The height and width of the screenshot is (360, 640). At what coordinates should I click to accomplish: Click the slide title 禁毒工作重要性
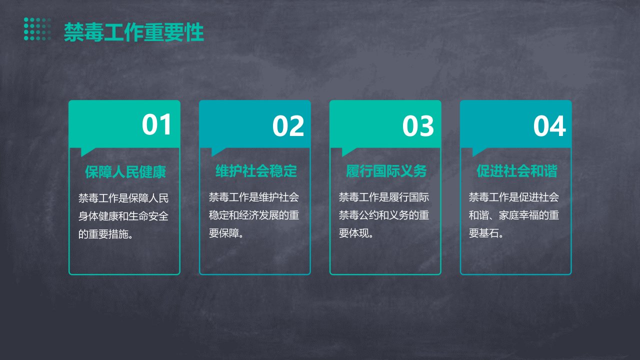pos(133,32)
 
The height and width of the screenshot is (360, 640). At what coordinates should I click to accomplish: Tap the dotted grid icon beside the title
pos(37,29)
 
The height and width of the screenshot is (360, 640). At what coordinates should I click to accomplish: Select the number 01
pos(156,124)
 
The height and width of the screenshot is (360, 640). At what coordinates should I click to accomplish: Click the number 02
pos(288,125)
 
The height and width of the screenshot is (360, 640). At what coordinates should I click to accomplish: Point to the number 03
pos(418,125)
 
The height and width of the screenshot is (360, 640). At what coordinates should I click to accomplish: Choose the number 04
pos(549,125)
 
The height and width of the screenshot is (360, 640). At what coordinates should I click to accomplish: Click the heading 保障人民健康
pos(125,171)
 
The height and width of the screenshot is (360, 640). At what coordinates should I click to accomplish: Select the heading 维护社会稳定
pos(256,171)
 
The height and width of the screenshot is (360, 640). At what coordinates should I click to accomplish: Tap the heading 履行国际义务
pos(386,171)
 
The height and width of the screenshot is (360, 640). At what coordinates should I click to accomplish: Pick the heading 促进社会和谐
pos(517,171)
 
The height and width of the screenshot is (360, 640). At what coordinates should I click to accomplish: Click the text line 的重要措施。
pos(105,234)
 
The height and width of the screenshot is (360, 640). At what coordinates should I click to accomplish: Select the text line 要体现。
pos(356,233)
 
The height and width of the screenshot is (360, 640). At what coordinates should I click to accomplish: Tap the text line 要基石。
pos(486,233)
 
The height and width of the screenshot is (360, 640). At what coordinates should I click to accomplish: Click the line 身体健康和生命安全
pos(123,216)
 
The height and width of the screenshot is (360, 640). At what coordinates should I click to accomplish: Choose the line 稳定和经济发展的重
pos(253,215)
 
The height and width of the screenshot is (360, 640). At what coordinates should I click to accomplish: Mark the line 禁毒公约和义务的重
pos(384,215)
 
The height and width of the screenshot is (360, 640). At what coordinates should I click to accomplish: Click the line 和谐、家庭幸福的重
pos(513,215)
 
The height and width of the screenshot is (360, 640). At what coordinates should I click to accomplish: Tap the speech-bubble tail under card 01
pos(86,151)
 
